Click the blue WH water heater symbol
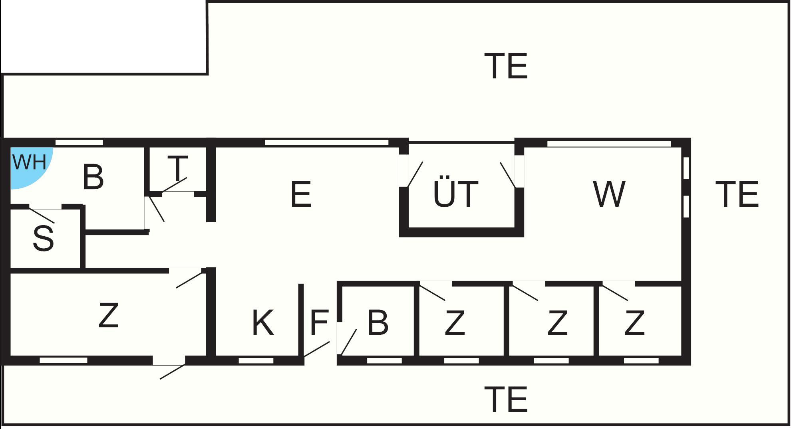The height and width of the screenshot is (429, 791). point(28,164)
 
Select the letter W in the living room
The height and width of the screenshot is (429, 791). point(609,194)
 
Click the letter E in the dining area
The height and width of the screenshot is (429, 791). point(301,194)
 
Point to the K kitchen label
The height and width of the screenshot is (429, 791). point(263,322)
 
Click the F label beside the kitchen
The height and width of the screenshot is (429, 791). point(319,322)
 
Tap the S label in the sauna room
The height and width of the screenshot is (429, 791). point(43,238)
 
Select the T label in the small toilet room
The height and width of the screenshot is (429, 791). point(177,168)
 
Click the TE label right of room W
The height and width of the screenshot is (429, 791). point(737,194)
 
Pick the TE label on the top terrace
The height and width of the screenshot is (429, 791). point(506,66)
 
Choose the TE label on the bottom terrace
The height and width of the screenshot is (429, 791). point(506,399)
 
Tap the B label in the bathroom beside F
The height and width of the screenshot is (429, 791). point(378,322)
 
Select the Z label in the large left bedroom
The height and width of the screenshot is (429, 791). point(109,315)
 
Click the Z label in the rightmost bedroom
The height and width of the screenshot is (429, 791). point(634,322)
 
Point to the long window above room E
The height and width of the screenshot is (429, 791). point(327,142)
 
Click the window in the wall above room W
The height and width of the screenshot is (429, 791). point(609,144)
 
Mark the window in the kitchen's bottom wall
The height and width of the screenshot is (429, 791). point(256,361)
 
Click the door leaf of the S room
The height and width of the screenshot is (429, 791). point(42,215)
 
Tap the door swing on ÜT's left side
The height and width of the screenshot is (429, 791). point(415,174)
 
